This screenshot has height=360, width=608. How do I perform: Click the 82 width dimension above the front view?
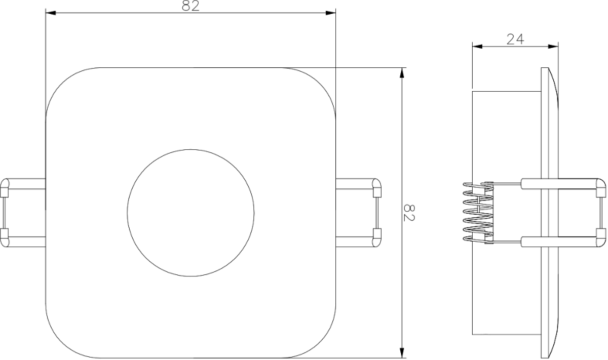point(191,6)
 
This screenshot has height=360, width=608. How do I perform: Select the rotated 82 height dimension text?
point(410,213)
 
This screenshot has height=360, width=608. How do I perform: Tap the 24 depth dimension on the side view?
point(515,39)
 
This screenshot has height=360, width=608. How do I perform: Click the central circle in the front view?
point(191,213)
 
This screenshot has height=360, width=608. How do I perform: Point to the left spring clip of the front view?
point(23,213)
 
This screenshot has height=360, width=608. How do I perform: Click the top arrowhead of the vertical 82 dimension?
point(402,72)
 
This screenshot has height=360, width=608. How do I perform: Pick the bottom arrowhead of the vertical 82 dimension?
point(402,353)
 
